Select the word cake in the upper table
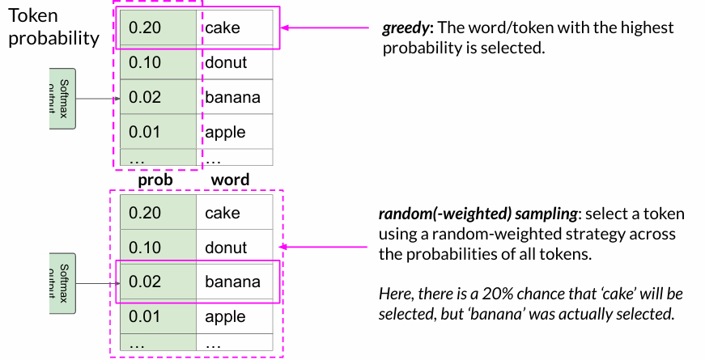(x=223, y=28)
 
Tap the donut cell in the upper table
(x=226, y=63)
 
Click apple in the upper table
(x=225, y=132)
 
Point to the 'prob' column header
(x=155, y=180)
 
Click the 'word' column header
(x=230, y=180)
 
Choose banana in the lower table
(x=233, y=282)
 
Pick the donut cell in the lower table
(x=226, y=248)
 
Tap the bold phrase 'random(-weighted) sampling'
(x=478, y=215)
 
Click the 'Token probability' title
(x=53, y=27)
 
